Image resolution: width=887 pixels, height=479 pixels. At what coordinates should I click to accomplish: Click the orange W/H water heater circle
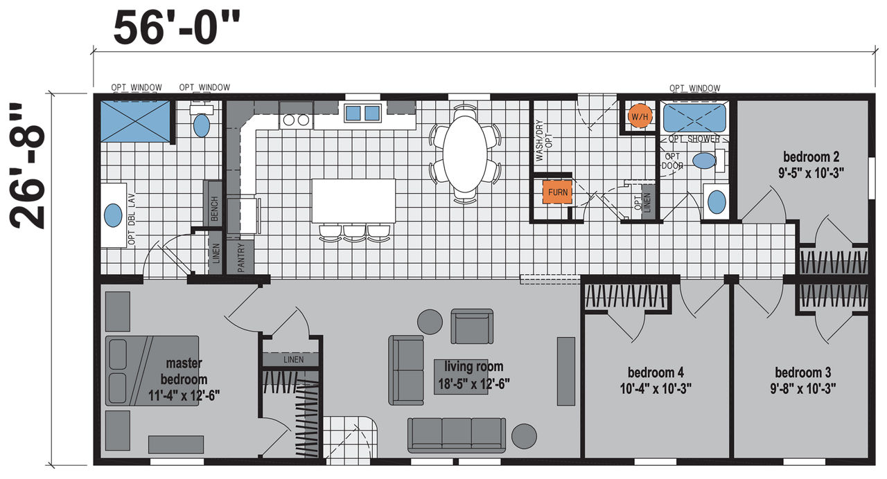click(x=640, y=116)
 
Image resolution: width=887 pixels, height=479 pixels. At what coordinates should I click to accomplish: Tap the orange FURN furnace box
click(x=557, y=192)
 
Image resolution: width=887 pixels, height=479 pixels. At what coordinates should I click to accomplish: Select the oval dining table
click(x=465, y=154)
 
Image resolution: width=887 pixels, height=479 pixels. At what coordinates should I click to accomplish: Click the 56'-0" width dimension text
click(x=177, y=28)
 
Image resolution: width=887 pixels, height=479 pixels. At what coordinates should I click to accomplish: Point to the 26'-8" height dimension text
click(x=27, y=167)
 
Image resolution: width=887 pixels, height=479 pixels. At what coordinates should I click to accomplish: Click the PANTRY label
click(x=241, y=257)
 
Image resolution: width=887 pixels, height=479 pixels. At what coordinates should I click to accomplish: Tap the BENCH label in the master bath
click(x=215, y=208)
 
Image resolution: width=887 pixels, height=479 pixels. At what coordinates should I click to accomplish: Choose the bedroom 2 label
click(x=811, y=157)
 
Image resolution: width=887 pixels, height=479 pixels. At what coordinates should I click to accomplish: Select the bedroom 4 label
click(x=656, y=372)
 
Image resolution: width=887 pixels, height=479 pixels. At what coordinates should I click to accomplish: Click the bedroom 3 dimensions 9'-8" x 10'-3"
click(x=803, y=389)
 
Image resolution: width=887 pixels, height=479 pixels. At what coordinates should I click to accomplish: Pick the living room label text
click(x=473, y=366)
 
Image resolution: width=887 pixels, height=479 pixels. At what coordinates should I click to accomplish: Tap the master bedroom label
click(x=184, y=371)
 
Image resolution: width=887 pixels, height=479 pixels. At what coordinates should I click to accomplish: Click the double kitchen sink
click(x=362, y=113)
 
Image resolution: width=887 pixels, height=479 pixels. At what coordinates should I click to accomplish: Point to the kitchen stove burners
click(x=296, y=120)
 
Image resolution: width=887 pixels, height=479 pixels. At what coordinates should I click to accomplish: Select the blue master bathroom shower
click(x=135, y=121)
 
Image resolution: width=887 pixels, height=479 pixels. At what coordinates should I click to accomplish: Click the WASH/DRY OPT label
click(x=544, y=141)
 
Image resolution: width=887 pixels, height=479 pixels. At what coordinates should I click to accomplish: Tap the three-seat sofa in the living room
click(x=457, y=435)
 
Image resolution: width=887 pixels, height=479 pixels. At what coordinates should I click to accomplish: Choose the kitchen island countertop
click(x=353, y=201)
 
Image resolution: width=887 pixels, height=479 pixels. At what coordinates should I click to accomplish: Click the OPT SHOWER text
click(x=694, y=139)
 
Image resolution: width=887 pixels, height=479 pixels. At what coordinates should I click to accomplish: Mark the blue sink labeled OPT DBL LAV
click(x=113, y=215)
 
